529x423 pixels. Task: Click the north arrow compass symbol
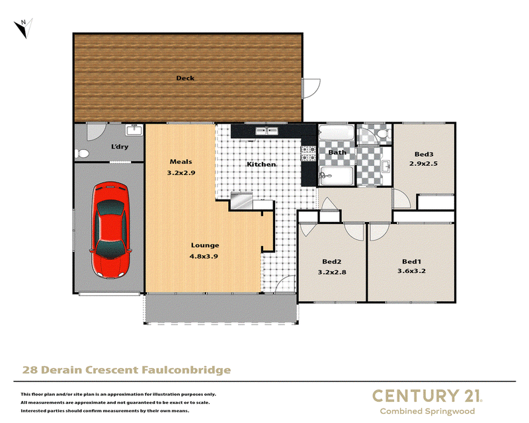24,28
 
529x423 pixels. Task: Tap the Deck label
185,78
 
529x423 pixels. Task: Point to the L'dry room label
120,147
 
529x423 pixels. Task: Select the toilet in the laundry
81,154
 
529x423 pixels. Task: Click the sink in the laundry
134,130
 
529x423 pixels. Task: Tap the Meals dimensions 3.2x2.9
181,173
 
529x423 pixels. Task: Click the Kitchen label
261,165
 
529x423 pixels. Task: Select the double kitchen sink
266,131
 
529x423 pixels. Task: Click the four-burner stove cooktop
308,153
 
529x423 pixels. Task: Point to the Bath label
337,153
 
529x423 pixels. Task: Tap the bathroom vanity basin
386,166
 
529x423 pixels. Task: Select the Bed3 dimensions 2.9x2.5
423,164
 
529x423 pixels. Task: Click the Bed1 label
411,262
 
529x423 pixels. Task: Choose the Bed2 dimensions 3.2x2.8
332,272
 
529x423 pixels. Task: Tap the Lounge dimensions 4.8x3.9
204,256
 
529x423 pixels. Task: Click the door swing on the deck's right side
311,89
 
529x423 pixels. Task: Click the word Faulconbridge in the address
186,370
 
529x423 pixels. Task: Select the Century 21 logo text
427,396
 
